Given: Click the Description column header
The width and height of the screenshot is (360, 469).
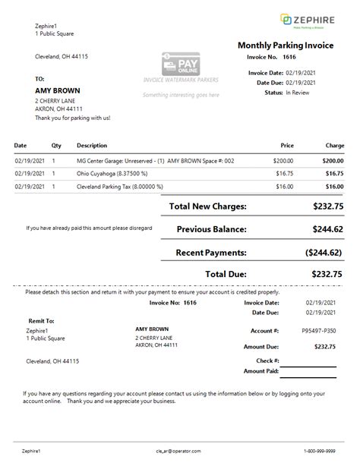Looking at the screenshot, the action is coord(92,145).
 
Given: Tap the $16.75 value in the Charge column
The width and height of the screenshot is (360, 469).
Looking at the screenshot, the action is coord(334,173).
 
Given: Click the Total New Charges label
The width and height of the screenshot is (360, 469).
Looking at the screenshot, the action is coord(207,206).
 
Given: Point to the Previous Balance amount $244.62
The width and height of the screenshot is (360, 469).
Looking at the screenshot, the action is coord(327,228).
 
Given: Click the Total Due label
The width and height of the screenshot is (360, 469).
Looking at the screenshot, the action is coord(226,273).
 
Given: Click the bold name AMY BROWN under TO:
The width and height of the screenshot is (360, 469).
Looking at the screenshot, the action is coord(58,91).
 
